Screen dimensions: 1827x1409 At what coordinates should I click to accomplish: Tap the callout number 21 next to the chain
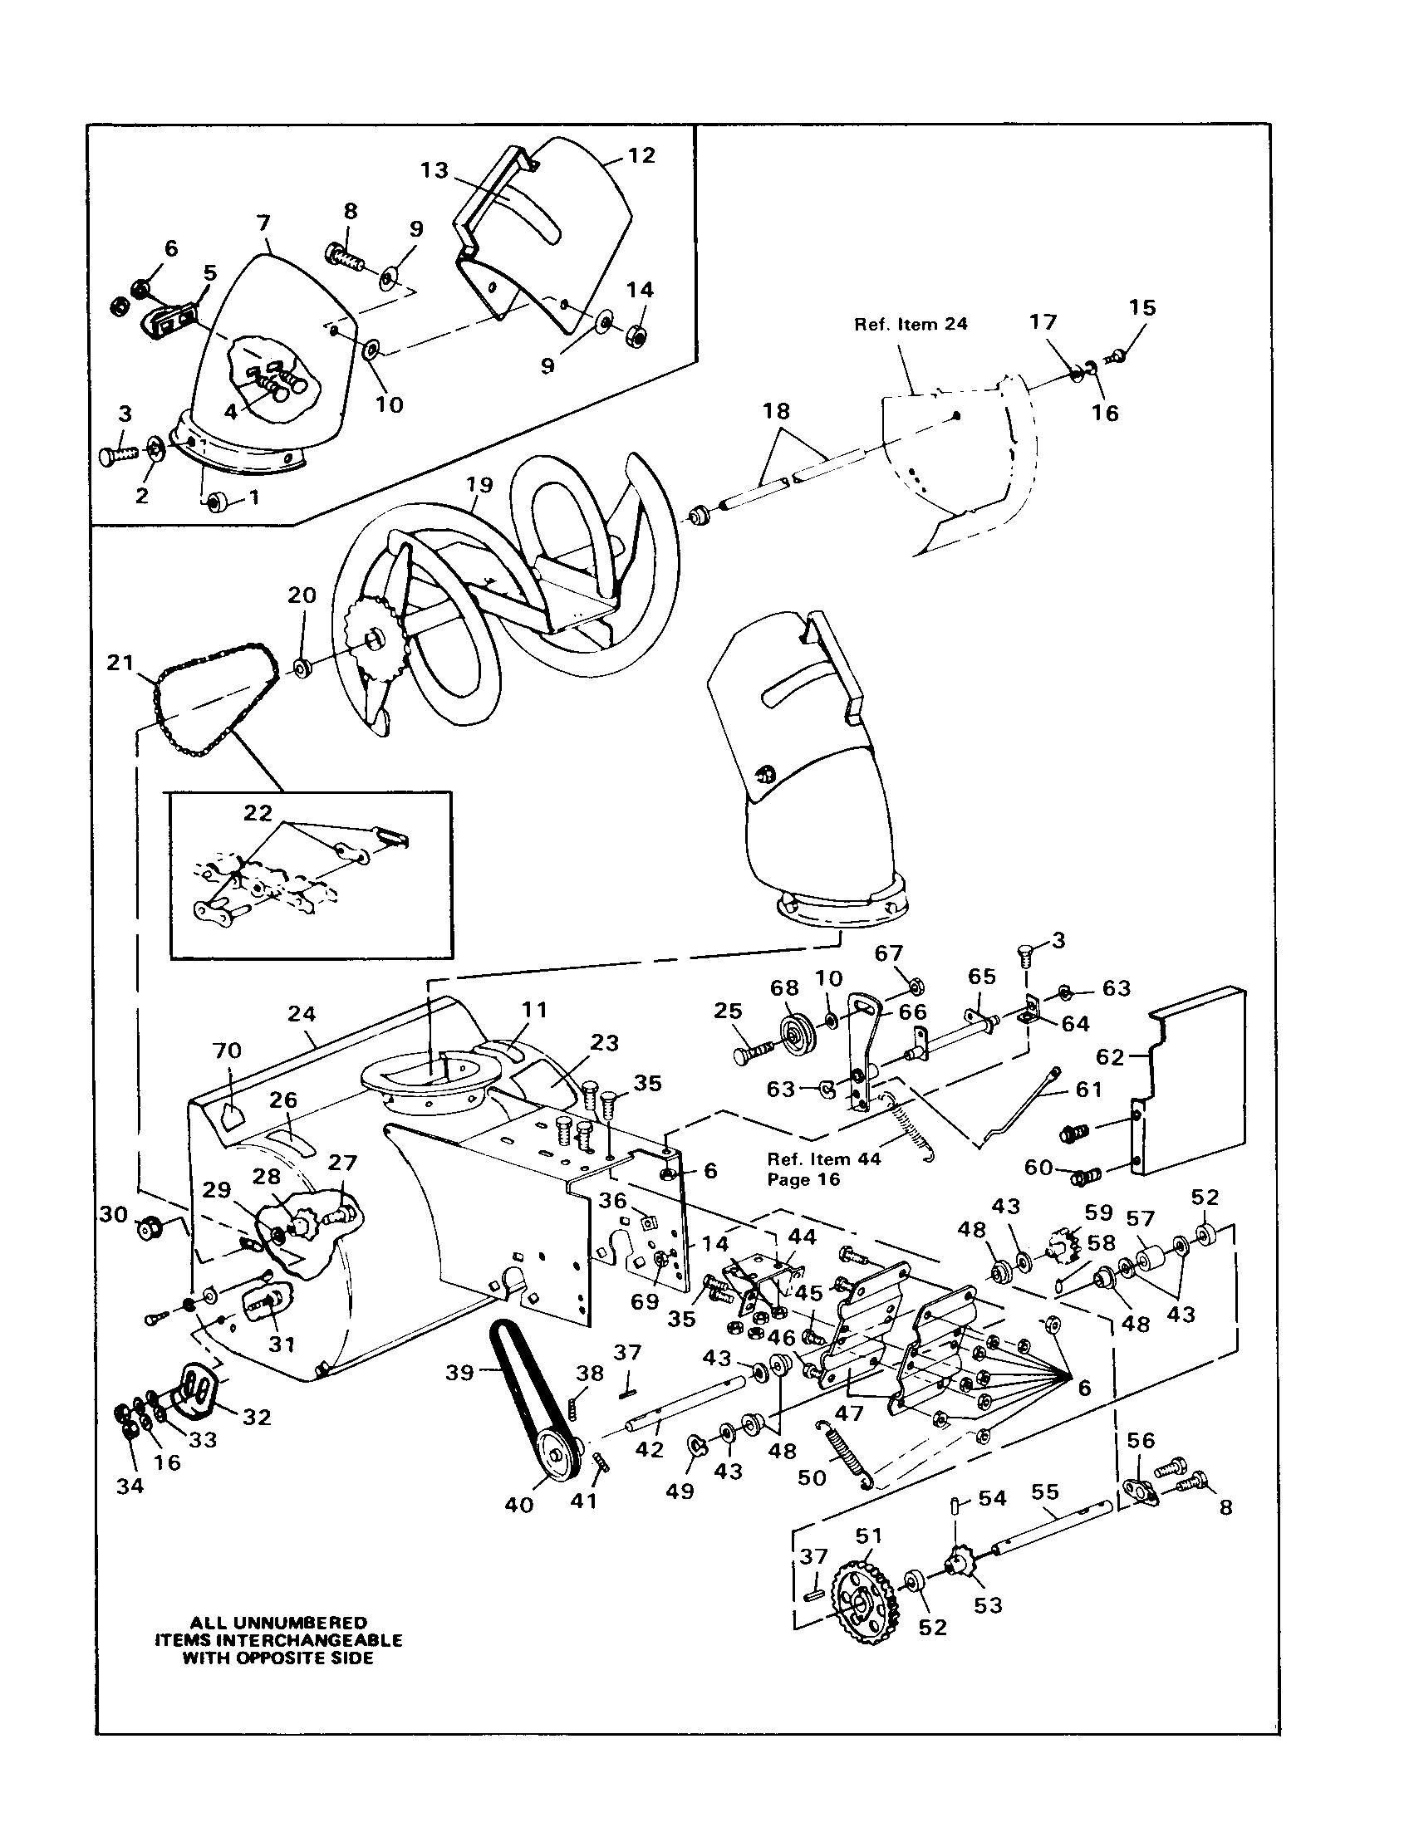tap(120, 663)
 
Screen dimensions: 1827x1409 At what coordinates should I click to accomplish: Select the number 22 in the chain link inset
tap(258, 812)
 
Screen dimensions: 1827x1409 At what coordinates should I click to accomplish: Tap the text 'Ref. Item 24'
tap(911, 325)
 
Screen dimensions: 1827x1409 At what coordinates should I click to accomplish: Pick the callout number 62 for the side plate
tap(1110, 1057)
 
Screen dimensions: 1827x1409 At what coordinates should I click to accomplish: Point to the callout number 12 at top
tap(641, 155)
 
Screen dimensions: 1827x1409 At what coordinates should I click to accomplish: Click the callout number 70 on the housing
tap(228, 1051)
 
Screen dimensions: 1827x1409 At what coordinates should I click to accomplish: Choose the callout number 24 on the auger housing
tap(302, 1014)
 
